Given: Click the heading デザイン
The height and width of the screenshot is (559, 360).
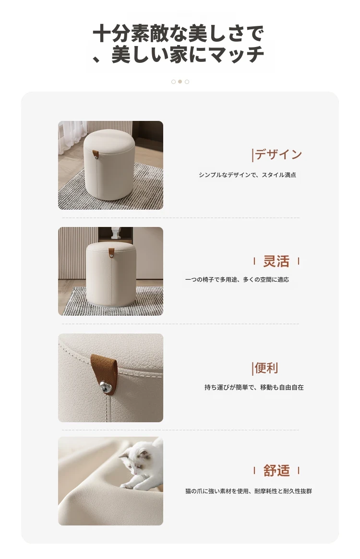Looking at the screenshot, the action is (x=278, y=155).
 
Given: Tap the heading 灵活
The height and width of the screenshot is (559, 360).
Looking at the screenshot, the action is (x=276, y=262).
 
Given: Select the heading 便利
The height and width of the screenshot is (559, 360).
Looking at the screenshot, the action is (x=266, y=368).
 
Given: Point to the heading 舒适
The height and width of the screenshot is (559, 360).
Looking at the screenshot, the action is (x=276, y=471).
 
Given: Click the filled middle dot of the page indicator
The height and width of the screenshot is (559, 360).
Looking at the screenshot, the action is (x=180, y=82).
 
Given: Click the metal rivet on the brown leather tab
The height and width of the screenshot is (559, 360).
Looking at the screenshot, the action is (x=105, y=386).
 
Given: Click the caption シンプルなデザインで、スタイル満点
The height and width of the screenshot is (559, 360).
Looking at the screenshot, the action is (x=248, y=175).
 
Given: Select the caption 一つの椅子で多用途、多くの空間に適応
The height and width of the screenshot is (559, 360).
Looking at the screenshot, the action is (x=237, y=280).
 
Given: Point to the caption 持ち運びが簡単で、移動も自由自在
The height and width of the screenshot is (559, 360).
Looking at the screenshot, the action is (x=254, y=387).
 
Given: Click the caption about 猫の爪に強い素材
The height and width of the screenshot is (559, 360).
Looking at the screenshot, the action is (x=249, y=491).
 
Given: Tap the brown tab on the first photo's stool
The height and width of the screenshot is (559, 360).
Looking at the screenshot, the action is (x=96, y=154).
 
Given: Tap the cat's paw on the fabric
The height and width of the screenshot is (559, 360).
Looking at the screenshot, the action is (x=127, y=486).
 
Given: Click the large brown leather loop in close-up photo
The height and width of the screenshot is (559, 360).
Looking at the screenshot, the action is (x=104, y=374).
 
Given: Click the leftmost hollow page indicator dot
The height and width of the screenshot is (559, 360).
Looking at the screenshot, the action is (x=173, y=82).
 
